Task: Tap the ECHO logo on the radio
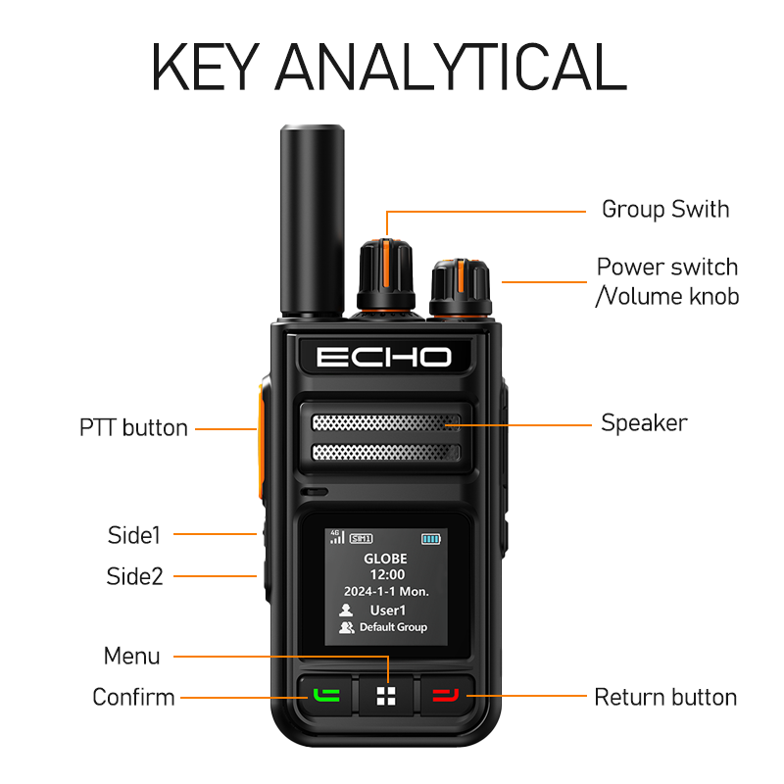[x=384, y=356]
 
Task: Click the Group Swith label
[x=664, y=209]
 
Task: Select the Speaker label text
[x=644, y=423]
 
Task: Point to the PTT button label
[x=133, y=427]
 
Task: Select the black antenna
[x=310, y=220]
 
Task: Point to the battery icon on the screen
[x=431, y=539]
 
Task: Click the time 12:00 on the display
[x=386, y=575]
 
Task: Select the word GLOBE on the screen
[x=386, y=559]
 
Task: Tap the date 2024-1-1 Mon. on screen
[x=386, y=592]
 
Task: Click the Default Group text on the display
[x=393, y=627]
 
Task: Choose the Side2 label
[x=134, y=576]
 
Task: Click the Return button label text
[x=665, y=698]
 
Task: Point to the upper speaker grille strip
[x=385, y=422]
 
